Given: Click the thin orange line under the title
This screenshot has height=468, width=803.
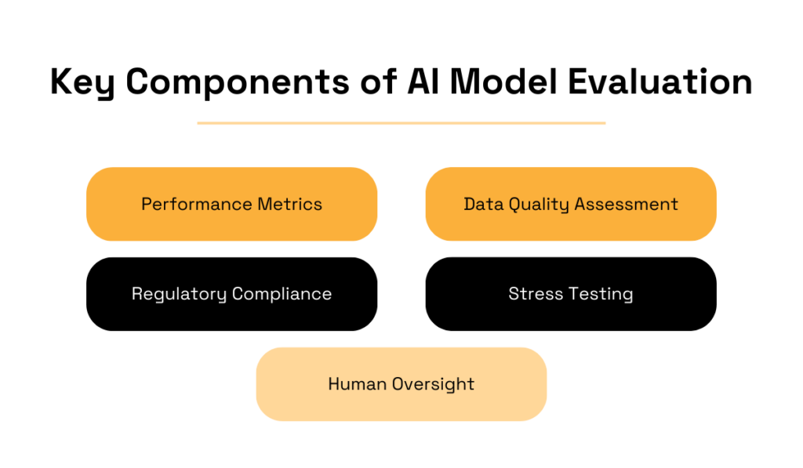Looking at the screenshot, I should point(401,123).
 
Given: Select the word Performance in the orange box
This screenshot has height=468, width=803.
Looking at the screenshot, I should point(196,205).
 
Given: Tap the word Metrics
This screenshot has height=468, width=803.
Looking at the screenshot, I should point(289,205).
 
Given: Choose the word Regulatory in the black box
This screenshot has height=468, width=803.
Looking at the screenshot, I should point(179,294).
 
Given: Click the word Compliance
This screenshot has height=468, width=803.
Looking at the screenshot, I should point(282,294).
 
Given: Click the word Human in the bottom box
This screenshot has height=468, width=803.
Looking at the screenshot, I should point(355,384).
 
